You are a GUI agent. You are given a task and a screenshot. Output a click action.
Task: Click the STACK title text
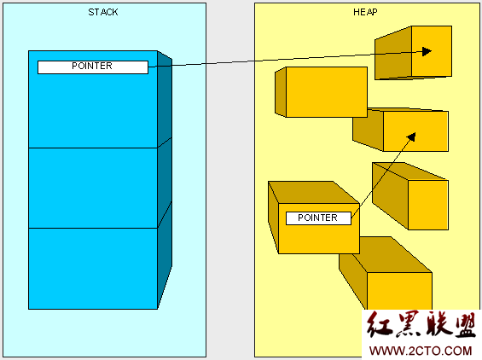[x=103, y=12]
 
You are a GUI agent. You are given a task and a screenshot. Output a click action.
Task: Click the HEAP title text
[x=365, y=12]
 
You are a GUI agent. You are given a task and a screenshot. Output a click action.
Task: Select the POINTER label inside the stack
[x=92, y=67]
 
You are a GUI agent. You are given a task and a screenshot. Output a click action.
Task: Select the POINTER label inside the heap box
[x=318, y=218]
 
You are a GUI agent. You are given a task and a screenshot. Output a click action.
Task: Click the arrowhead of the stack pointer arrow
[x=427, y=51]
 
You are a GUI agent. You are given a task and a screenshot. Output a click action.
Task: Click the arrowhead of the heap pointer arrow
[x=411, y=136]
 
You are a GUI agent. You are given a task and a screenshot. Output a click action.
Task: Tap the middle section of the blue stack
[x=93, y=188]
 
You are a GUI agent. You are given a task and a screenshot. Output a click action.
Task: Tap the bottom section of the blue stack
[x=93, y=269]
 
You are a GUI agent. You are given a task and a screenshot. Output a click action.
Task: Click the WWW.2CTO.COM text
[x=421, y=351]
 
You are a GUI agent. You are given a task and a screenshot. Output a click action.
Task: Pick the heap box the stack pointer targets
[x=413, y=53]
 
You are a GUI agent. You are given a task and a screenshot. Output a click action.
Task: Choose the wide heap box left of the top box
[x=321, y=92]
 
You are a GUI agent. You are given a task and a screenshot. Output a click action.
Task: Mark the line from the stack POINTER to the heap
[x=291, y=59]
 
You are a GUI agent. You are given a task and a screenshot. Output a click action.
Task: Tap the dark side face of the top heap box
[x=393, y=53]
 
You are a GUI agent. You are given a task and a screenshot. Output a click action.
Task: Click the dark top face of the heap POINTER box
[x=314, y=192]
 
